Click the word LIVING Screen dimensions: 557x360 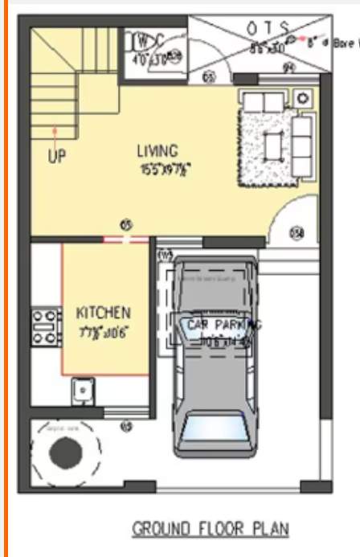(x=157, y=150)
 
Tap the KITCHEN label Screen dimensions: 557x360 (x=103, y=312)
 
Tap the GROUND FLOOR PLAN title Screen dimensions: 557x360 (x=211, y=529)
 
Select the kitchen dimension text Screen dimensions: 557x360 (x=104, y=331)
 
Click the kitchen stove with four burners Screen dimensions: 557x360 (x=46, y=328)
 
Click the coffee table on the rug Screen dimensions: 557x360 (x=272, y=145)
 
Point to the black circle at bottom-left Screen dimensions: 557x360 (x=64, y=454)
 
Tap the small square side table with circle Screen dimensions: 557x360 (x=302, y=98)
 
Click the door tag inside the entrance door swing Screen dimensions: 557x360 (x=297, y=233)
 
